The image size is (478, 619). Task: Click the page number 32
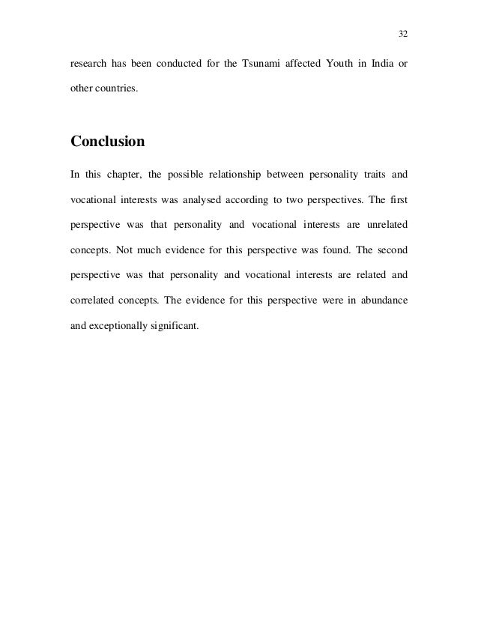point(402,34)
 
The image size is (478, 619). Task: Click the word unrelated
point(384,224)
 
